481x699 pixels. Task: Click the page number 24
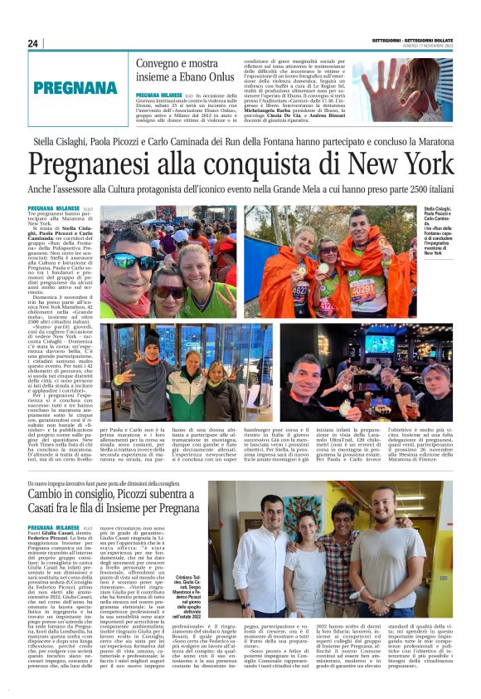coord(32,43)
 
